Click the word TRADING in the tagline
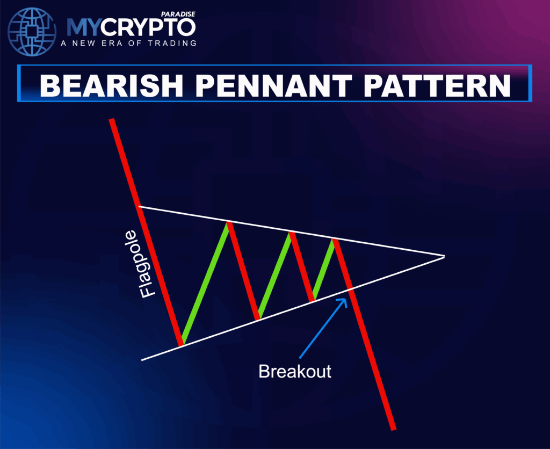point(172,43)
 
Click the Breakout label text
point(295,371)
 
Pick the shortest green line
point(323,270)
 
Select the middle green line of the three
point(274,275)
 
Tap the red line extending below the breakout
point(373,360)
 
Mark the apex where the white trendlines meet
point(444,256)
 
